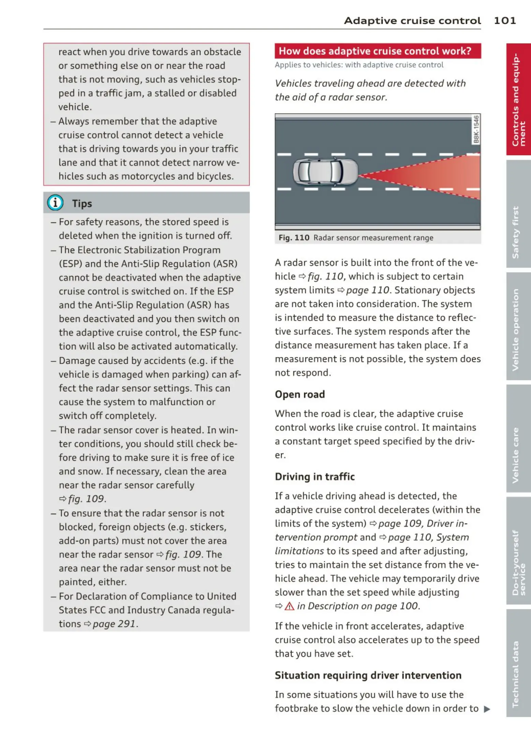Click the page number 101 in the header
(505, 20)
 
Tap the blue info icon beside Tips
(55, 203)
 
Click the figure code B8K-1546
(476, 129)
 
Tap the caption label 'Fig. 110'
(294, 238)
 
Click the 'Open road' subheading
(300, 394)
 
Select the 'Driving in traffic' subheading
(315, 476)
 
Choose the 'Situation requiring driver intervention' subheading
(368, 675)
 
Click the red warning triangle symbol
(289, 606)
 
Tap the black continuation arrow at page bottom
(487, 709)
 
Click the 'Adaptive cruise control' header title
(412, 20)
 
